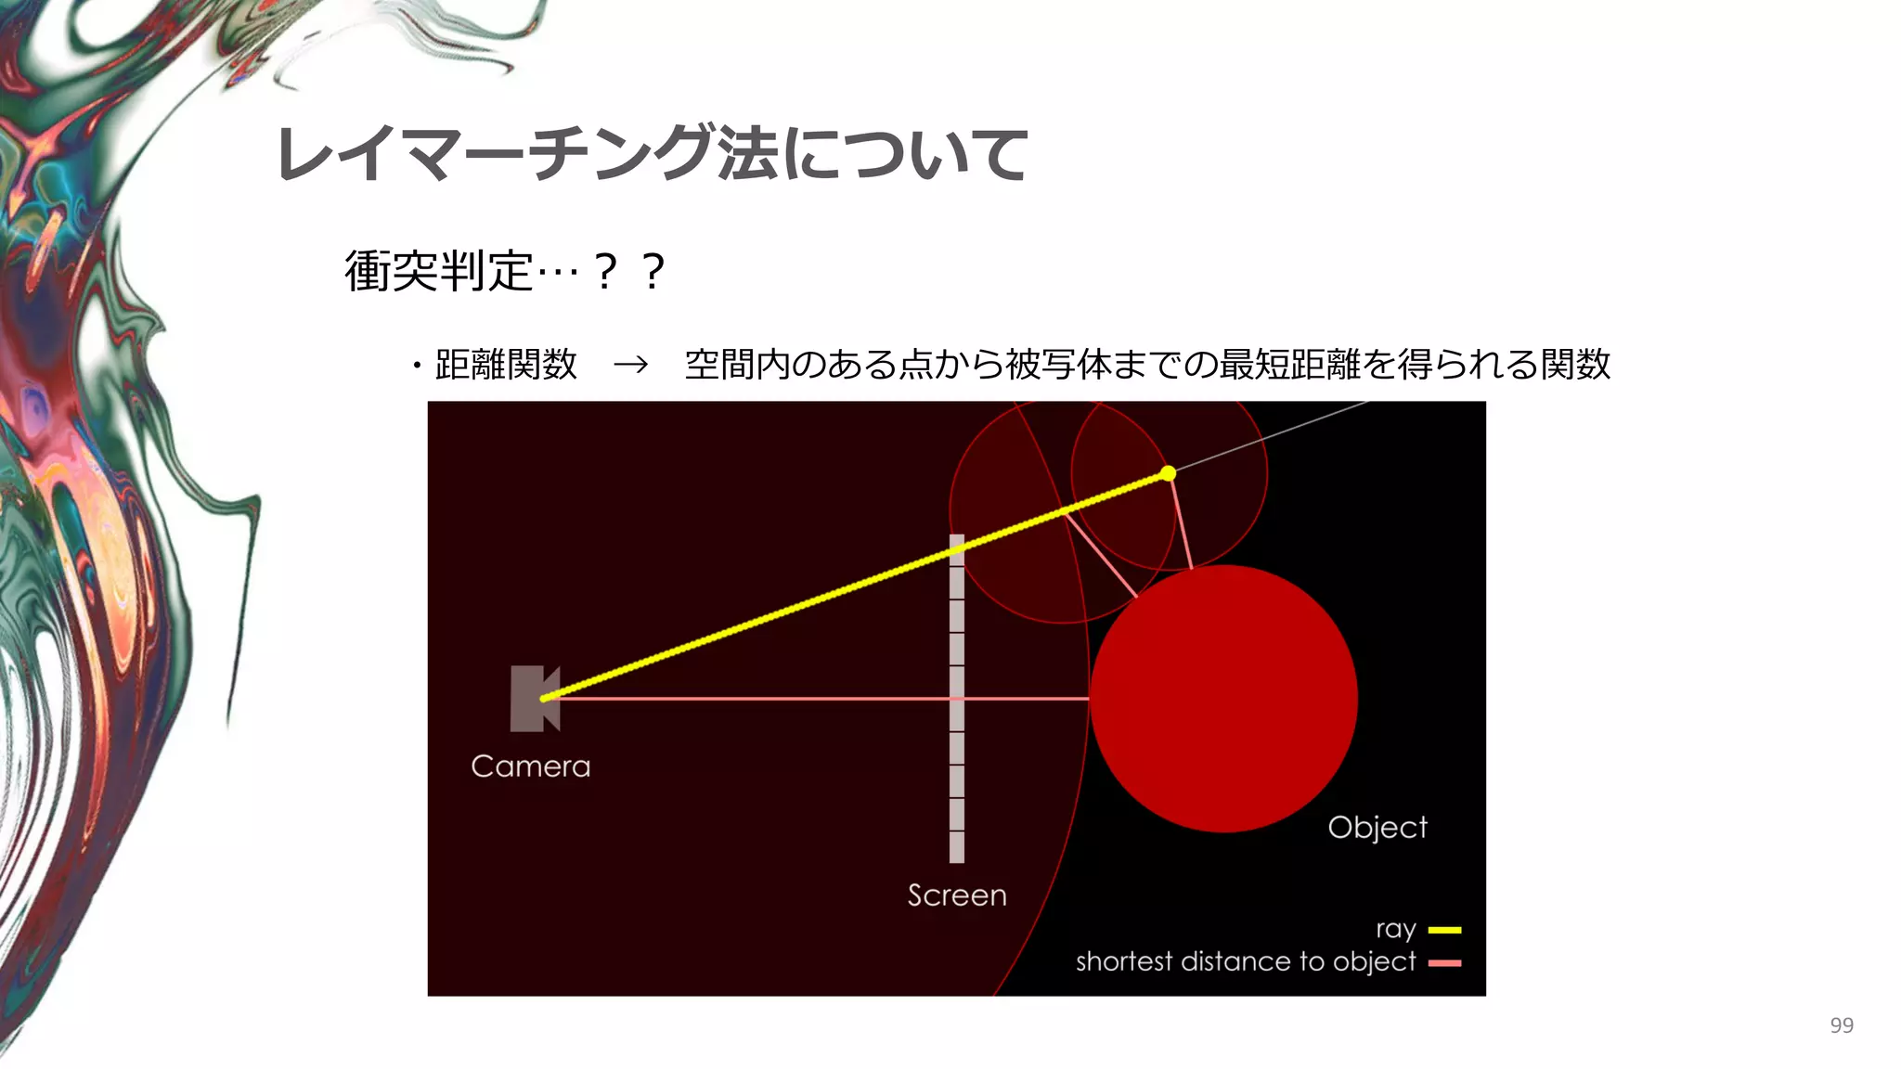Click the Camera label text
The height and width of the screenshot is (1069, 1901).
(x=530, y=766)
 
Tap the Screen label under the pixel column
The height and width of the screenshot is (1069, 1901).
(x=957, y=895)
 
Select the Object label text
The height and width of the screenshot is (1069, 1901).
(x=1377, y=828)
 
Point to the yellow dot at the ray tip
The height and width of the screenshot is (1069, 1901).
(x=1168, y=474)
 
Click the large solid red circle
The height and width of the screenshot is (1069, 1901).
(x=1223, y=698)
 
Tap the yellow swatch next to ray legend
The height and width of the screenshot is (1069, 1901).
(x=1444, y=930)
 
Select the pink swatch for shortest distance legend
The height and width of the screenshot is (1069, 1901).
(x=1444, y=963)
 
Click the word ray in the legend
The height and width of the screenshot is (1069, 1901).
(x=1395, y=930)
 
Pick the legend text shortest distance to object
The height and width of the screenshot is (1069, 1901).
(x=1245, y=962)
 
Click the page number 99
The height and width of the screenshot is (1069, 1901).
(x=1842, y=1025)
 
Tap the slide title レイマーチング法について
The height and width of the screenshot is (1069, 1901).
(x=652, y=154)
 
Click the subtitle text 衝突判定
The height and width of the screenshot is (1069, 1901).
(x=438, y=271)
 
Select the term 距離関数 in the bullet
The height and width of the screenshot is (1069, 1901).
(x=506, y=365)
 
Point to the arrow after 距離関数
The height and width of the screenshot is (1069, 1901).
(x=630, y=365)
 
